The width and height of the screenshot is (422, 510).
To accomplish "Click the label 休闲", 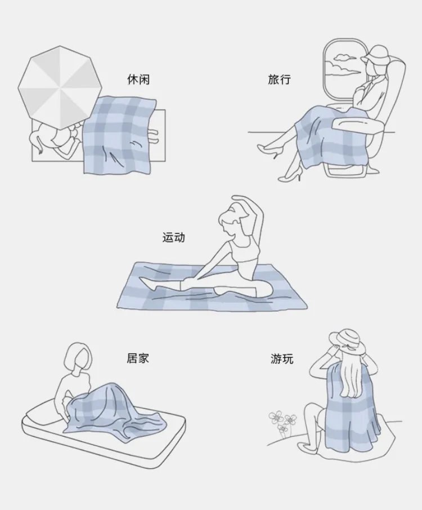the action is (x=138, y=79).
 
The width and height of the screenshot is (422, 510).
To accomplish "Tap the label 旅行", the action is (x=280, y=79).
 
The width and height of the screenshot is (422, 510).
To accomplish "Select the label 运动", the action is (x=173, y=237).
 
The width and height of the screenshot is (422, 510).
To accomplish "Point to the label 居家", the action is (x=138, y=358).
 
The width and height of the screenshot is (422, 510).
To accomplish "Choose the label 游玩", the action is (x=282, y=358).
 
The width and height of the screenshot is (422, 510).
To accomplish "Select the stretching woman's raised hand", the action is (x=239, y=198).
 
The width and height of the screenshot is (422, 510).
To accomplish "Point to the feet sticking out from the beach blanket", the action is (x=153, y=136).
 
